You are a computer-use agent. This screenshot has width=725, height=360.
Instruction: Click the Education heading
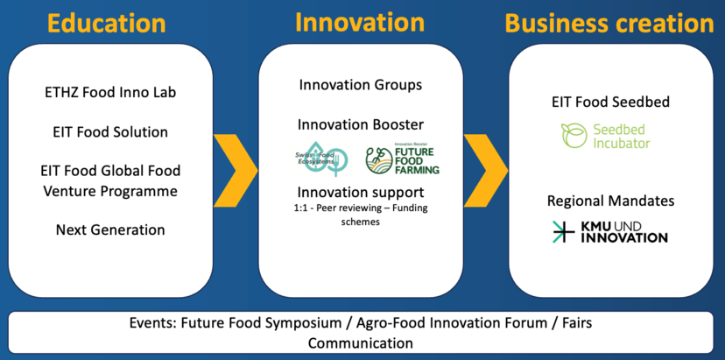(106, 23)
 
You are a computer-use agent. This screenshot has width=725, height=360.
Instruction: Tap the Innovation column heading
(359, 22)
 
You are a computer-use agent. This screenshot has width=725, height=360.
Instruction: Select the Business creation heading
(610, 23)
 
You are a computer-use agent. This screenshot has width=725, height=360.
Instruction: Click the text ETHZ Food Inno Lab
(110, 93)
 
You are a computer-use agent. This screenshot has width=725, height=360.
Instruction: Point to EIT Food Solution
(110, 132)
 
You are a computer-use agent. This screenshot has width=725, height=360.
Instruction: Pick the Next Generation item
(110, 229)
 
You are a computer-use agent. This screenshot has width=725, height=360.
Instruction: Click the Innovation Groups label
(361, 85)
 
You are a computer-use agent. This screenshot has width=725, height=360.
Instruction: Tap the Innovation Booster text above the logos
(361, 125)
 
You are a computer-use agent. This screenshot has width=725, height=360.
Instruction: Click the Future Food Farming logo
(402, 159)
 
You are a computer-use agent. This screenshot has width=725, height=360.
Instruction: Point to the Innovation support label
(361, 192)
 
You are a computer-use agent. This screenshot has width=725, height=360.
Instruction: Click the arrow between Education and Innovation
(236, 170)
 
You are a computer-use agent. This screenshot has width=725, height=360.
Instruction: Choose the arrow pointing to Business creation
(487, 170)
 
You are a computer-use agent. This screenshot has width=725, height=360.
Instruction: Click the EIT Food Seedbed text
(611, 102)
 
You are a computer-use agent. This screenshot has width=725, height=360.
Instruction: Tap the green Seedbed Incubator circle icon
(574, 136)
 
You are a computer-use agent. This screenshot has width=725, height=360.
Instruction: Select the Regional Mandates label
(611, 201)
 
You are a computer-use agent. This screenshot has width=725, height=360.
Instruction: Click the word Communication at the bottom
(361, 343)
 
